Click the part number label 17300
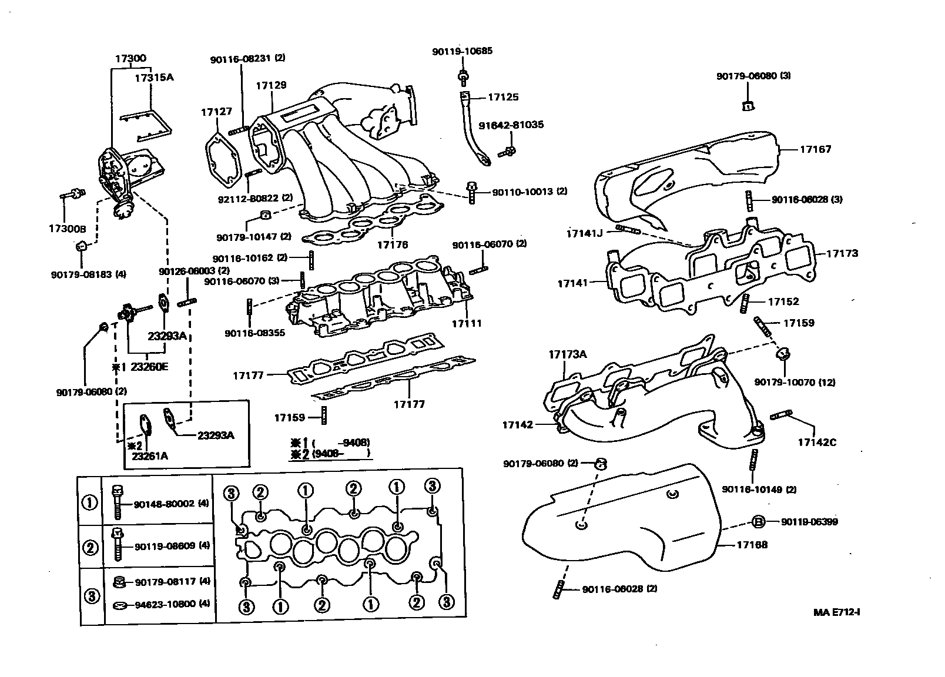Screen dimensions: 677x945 click(x=130, y=58)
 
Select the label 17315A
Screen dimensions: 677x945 click(x=154, y=77)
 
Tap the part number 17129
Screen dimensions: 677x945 click(x=271, y=85)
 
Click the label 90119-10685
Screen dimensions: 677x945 click(x=462, y=51)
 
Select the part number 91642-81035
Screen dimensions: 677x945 click(x=511, y=125)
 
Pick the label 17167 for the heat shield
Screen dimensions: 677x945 click(x=815, y=149)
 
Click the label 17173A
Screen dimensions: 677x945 click(x=567, y=354)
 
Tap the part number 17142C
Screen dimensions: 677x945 click(x=816, y=443)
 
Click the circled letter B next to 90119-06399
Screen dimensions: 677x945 click(x=758, y=521)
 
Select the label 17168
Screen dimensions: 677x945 click(x=752, y=545)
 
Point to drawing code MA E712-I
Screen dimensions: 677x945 click(x=837, y=612)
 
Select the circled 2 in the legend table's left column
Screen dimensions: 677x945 click(x=90, y=548)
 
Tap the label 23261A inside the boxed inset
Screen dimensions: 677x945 click(x=149, y=456)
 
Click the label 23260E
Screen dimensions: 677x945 click(x=149, y=367)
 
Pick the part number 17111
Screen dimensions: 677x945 click(x=467, y=323)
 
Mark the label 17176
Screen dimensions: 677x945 click(x=393, y=244)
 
